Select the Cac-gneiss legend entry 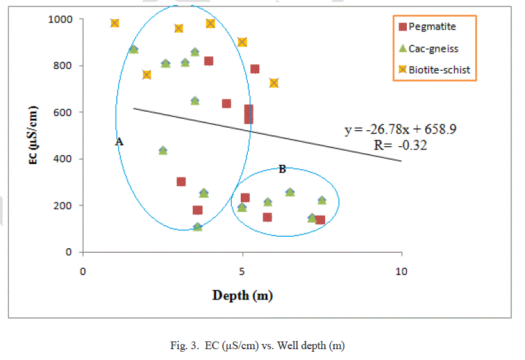(432, 48)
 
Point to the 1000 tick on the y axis (63, 19)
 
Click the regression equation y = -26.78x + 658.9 (400, 130)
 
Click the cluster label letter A (119, 143)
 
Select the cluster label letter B (282, 169)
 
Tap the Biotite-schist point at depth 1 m (115, 23)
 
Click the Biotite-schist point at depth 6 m (274, 83)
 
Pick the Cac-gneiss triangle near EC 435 (163, 151)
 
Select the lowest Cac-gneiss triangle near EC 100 (198, 227)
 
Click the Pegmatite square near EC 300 (181, 182)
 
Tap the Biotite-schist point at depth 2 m (147, 75)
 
